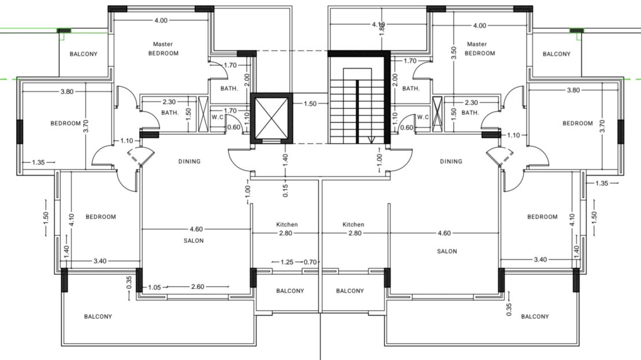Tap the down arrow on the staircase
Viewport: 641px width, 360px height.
point(371,140)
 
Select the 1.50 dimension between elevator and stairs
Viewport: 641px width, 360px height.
point(310,103)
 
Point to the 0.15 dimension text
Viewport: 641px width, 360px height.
point(285,191)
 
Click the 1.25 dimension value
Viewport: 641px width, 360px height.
point(287,262)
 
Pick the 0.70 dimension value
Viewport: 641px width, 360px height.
point(310,262)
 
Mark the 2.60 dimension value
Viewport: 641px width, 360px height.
point(197,287)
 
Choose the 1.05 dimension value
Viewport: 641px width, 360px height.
point(155,287)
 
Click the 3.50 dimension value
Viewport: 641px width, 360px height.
point(453,53)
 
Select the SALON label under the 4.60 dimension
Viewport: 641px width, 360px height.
point(193,240)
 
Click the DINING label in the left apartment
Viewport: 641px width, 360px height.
point(189,162)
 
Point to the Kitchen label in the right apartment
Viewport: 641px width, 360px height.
point(353,224)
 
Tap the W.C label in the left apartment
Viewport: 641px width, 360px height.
point(218,117)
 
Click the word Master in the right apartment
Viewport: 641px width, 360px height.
point(476,44)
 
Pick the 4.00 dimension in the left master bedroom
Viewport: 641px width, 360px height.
point(161,20)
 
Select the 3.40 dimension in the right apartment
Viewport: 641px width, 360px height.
point(540,259)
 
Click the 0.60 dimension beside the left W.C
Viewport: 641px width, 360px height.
point(234,127)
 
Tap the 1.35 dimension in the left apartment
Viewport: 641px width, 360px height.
point(38,162)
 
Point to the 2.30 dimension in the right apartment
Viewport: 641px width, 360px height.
point(471,103)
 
